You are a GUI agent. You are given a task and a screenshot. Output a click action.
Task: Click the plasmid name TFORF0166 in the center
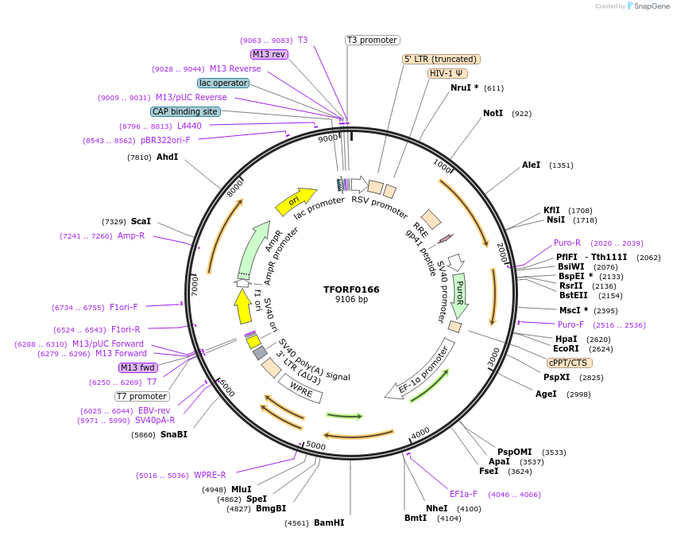[351, 289]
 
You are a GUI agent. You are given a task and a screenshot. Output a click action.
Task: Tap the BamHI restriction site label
[329, 522]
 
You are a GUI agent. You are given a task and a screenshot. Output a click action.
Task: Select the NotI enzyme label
[493, 114]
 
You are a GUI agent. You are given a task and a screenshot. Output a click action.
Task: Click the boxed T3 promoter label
[372, 40]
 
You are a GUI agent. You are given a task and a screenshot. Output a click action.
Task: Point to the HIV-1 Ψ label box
[447, 73]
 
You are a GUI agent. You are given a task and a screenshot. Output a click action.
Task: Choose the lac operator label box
[223, 83]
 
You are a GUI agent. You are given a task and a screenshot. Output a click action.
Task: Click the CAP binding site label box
[185, 112]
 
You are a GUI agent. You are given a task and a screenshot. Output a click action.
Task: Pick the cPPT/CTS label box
[567, 363]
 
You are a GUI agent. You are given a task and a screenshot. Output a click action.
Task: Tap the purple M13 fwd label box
[138, 367]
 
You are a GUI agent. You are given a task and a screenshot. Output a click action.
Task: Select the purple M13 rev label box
[269, 54]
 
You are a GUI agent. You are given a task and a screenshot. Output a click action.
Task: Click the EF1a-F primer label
[463, 494]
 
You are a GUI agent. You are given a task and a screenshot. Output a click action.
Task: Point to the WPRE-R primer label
[210, 476]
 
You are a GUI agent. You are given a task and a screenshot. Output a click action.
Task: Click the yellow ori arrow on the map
[295, 203]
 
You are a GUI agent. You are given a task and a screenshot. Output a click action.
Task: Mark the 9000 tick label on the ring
[327, 138]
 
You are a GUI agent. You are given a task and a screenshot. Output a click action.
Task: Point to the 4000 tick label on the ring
[420, 432]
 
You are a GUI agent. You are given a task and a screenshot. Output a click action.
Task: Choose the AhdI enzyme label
[167, 157]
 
